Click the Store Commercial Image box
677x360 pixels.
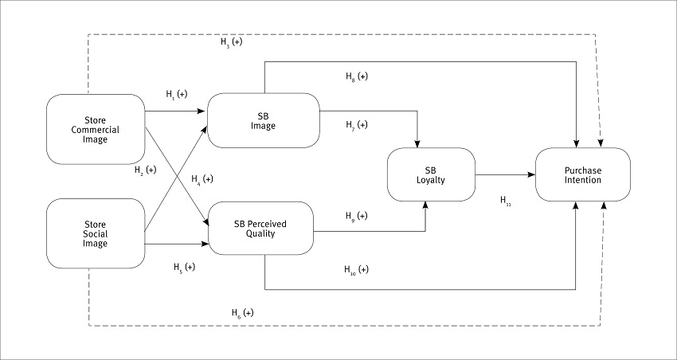click(96, 128)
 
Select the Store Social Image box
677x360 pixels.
click(96, 233)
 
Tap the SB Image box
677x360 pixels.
click(263, 119)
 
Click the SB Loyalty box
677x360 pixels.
click(430, 174)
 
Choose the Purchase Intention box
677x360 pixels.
click(582, 174)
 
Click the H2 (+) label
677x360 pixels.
click(146, 170)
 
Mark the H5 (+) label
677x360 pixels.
click(184, 267)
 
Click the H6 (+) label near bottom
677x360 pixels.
click(243, 312)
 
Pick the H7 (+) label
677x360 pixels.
click(357, 124)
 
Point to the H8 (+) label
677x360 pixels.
click(357, 76)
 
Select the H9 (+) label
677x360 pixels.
click(357, 216)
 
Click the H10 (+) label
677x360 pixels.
click(357, 269)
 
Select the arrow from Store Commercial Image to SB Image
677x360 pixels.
click(175, 112)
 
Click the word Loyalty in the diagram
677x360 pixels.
click(430, 180)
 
